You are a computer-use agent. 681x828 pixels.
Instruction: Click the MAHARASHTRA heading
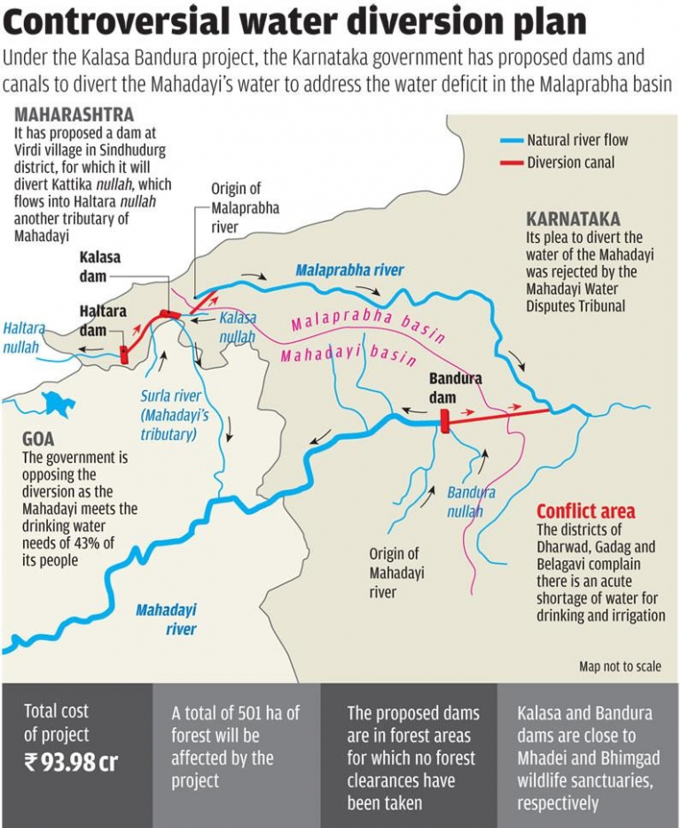coord(74,115)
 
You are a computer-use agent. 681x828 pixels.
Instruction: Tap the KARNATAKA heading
coord(573,219)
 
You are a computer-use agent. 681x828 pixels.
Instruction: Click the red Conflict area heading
coord(585,512)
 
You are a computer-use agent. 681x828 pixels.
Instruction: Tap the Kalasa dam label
coord(99,266)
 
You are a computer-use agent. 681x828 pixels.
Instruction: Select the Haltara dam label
coord(103,320)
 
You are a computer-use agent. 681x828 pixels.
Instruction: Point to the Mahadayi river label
coord(166,619)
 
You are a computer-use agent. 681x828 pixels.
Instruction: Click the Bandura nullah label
coord(471,502)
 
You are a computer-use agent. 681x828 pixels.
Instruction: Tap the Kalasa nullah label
coord(238,326)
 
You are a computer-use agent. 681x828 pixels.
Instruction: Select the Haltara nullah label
coord(23,338)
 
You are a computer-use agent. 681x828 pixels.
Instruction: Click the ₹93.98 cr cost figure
coord(70,762)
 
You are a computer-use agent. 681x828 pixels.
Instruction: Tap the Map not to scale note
coord(619,666)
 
